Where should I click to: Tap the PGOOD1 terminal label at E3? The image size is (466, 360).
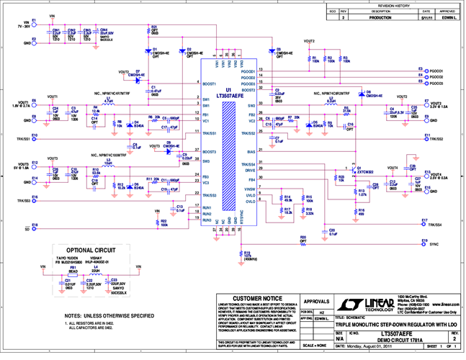pyautogui.click(x=436, y=71)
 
